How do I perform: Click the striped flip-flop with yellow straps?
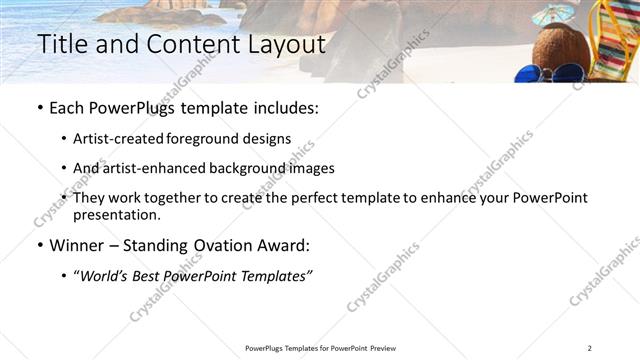612,40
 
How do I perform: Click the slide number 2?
590,348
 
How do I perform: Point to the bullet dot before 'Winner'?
39,244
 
